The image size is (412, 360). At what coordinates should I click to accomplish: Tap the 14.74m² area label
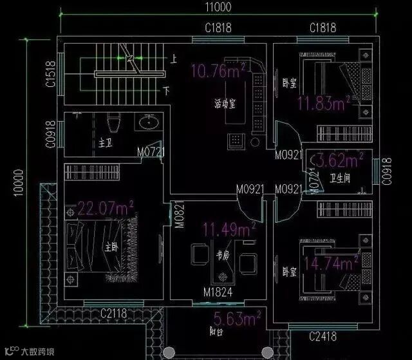point(330,263)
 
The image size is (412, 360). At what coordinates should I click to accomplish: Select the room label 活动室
point(225,103)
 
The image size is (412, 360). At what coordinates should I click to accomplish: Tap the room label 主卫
point(105,141)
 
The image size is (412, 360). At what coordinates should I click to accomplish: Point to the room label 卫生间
point(339,178)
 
